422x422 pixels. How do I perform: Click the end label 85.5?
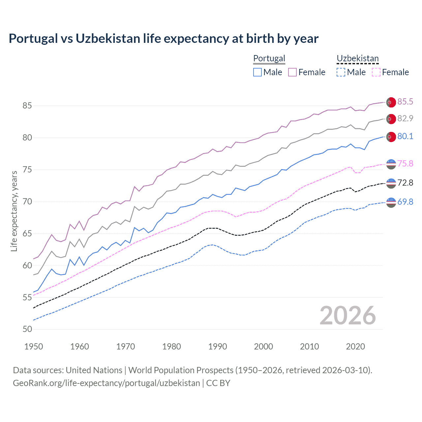point(405,102)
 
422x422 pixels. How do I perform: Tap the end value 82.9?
point(405,118)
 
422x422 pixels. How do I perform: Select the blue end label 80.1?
point(405,136)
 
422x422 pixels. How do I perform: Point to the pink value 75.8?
point(405,164)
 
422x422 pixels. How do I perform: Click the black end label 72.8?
point(405,183)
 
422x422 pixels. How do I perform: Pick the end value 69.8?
point(405,202)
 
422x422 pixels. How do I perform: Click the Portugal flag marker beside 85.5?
point(391,102)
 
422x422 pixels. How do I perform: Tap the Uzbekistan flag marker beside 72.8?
point(391,183)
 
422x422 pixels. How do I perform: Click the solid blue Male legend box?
point(257,72)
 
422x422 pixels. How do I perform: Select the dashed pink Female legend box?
point(376,72)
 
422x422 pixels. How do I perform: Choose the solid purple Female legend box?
point(292,72)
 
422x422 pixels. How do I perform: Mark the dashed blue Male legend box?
point(341,72)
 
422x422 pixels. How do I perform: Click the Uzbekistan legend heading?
point(357,58)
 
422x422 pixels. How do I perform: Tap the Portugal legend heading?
point(269,58)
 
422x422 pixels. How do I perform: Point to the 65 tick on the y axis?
point(27,234)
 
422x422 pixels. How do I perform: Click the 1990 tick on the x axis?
point(218,347)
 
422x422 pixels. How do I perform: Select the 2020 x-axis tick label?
point(355,347)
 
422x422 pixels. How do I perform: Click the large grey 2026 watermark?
point(347,316)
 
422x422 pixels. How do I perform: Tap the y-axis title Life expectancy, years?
point(14,211)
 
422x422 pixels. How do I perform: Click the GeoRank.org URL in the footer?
point(106,383)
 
